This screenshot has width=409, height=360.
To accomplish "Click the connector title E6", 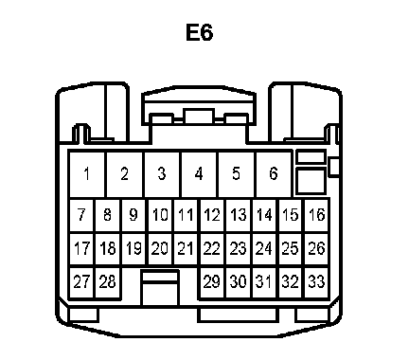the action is point(200,32).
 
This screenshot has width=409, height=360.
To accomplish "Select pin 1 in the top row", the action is point(86,174).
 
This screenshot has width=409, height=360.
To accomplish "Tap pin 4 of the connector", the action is point(199,174).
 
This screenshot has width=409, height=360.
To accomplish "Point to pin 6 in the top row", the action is point(274,174).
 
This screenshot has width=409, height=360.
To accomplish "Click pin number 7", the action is point(81,215).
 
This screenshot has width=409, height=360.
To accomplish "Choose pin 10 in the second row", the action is point(160,215).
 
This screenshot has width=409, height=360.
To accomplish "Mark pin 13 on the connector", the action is point(239,215).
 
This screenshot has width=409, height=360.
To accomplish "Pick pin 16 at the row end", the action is point(317,215).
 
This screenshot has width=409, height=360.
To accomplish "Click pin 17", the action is point(81,248).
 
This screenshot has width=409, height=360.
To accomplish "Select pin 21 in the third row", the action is point(187,248).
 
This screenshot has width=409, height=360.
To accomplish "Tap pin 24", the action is point(264,248).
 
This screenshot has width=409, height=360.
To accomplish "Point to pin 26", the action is point(317,248).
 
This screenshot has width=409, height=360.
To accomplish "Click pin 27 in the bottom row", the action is point(81,281).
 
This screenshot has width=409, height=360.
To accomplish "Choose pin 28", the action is point(107,281).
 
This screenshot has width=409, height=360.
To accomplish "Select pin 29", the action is point(212,281).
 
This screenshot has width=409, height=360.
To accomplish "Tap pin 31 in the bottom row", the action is point(264,281).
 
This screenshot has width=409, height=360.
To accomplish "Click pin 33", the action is point(317,281).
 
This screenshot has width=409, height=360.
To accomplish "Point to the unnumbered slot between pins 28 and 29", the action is point(160,288).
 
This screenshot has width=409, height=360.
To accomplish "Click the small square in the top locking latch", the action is point(200,117).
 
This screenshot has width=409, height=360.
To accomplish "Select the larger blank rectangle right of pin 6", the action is point(311,181).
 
